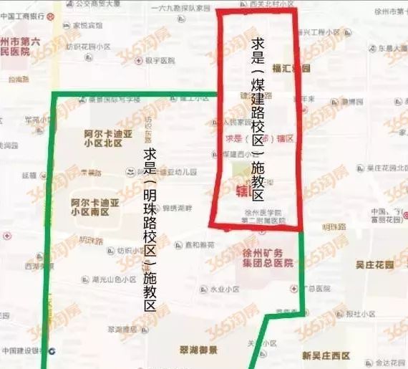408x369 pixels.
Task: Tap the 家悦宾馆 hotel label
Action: [x=84, y=25]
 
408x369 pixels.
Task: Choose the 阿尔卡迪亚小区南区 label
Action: [x=95, y=207]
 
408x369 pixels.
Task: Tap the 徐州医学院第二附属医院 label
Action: [x=264, y=216]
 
